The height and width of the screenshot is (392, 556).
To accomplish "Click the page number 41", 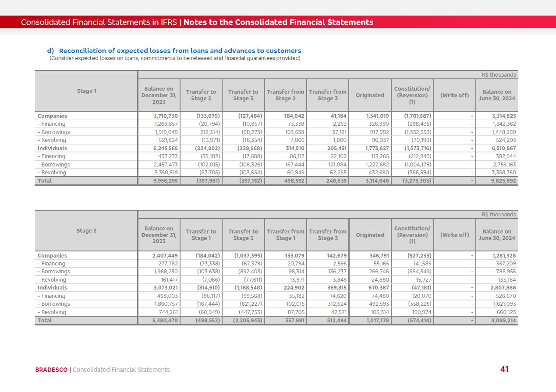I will point(504,369).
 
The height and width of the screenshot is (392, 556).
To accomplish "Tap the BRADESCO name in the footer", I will point(51,370).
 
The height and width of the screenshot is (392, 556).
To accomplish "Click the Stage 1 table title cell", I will point(86,91).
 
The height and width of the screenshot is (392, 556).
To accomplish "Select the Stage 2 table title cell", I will point(86,231).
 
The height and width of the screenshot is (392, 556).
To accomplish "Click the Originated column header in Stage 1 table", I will point(370,95).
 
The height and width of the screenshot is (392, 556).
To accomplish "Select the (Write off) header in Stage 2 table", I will point(454,235).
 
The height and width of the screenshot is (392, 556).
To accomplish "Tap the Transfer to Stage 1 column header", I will point(201,235).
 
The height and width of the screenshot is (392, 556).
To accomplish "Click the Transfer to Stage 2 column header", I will point(201,95).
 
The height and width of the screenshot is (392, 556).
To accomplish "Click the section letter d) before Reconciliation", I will point(50,51).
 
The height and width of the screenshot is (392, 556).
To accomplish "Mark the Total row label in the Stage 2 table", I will point(45,320).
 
